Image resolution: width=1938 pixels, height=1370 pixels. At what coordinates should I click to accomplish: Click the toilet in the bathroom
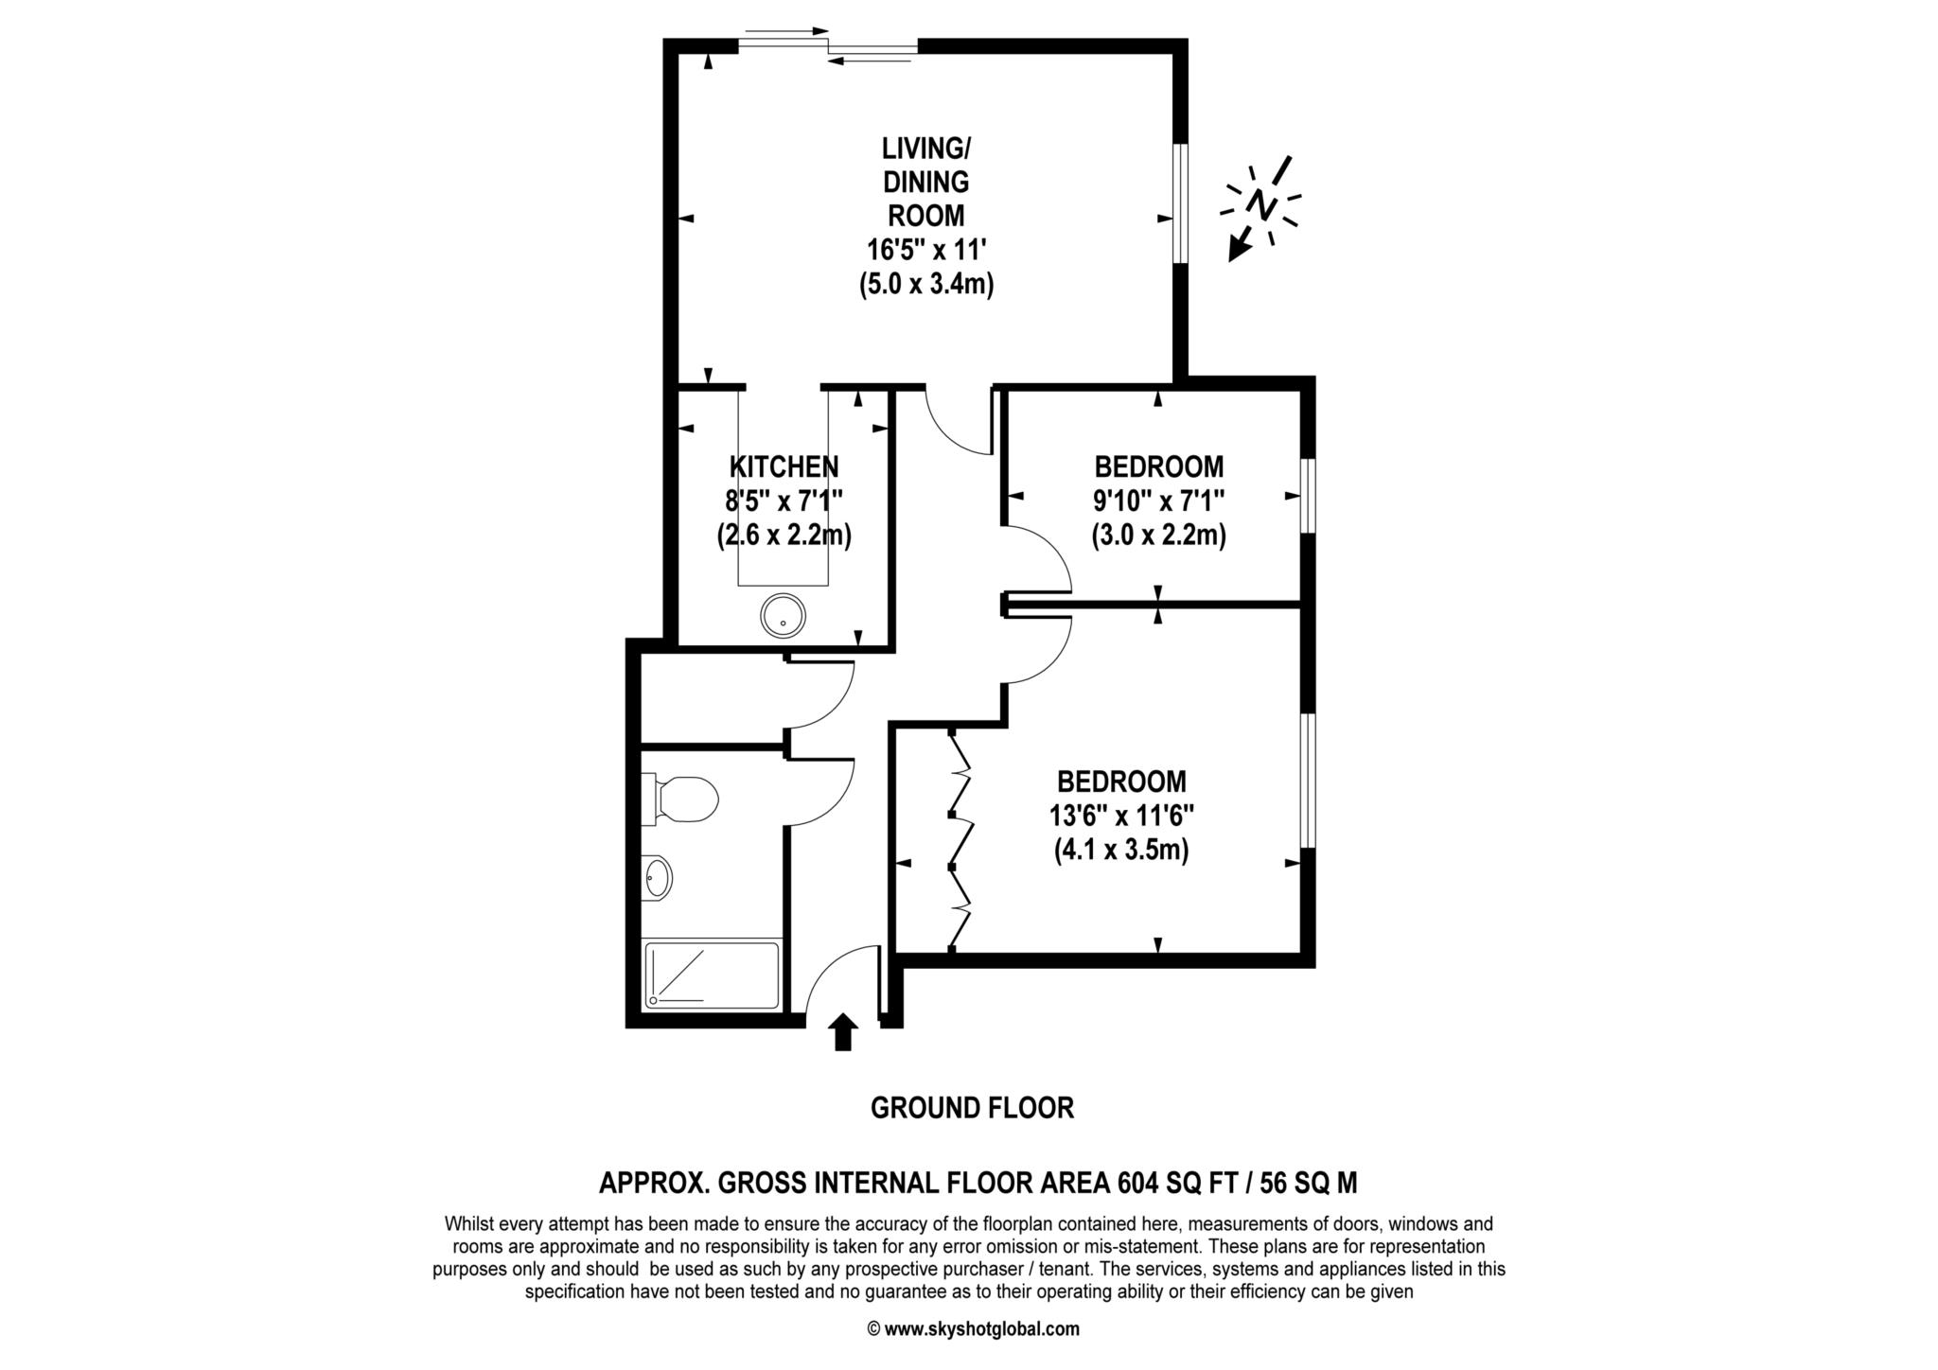pyautogui.click(x=683, y=798)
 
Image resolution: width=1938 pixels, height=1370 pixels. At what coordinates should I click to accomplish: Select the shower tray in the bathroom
pyautogui.click(x=712, y=975)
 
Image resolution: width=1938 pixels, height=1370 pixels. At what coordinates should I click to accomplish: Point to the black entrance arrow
pyautogui.click(x=842, y=1031)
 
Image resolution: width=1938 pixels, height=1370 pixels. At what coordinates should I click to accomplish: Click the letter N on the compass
pyautogui.click(x=1260, y=202)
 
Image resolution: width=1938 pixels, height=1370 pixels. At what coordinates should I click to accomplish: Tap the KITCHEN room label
pyautogui.click(x=784, y=466)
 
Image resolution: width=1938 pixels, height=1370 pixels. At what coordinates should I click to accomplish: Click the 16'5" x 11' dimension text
pyautogui.click(x=926, y=250)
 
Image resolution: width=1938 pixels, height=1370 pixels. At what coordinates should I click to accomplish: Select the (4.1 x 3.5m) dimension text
pyautogui.click(x=1121, y=850)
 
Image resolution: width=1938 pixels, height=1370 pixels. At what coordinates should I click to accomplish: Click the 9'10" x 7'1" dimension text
pyautogui.click(x=1158, y=501)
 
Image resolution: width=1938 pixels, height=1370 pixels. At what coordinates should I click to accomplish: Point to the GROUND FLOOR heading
pyautogui.click(x=972, y=1108)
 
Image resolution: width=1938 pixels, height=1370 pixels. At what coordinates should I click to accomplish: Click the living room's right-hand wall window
pyautogui.click(x=1180, y=202)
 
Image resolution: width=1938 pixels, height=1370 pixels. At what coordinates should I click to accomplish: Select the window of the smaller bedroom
pyautogui.click(x=1307, y=497)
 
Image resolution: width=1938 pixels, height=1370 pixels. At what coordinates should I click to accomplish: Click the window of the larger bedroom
pyautogui.click(x=1307, y=780)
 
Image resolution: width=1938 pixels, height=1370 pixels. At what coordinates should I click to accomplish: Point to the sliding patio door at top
pyautogui.click(x=827, y=45)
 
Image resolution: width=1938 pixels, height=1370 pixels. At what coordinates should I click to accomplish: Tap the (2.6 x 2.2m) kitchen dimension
pyautogui.click(x=784, y=536)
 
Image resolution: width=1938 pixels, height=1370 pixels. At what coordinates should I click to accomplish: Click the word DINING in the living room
pyautogui.click(x=926, y=182)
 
